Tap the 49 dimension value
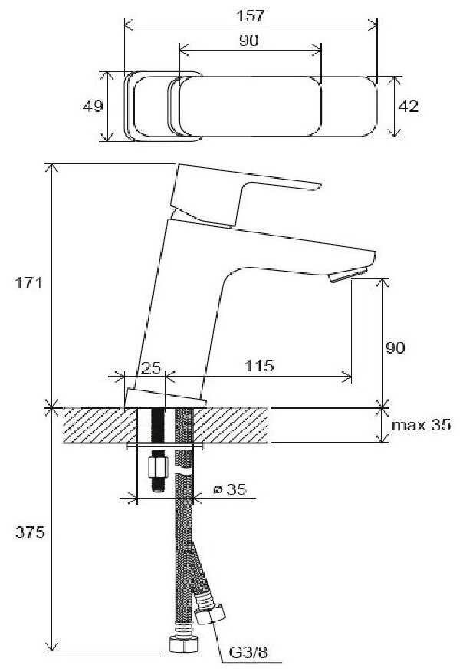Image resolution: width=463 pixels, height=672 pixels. [93, 107]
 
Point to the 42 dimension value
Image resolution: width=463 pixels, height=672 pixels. [409, 107]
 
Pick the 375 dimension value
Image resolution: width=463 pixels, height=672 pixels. [29, 532]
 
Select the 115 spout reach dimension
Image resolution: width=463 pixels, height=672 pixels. [261, 366]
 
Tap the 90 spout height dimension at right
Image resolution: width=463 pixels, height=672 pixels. [396, 348]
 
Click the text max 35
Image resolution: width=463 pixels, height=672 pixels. [421, 425]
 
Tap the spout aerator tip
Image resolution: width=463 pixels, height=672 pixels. [351, 275]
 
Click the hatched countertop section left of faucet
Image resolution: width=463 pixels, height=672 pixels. [92, 425]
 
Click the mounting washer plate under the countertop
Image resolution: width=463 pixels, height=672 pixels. [166, 445]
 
